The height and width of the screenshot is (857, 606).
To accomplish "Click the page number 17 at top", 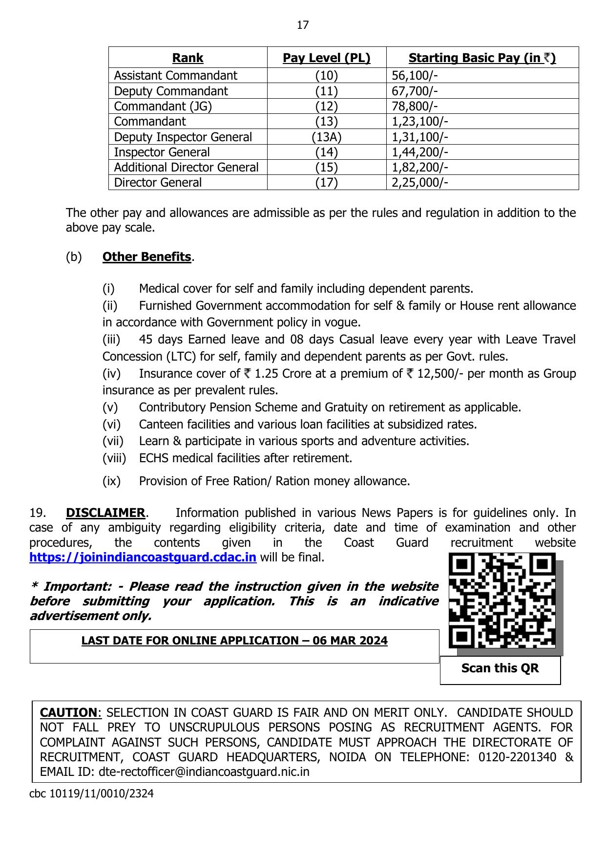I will pos(303,25).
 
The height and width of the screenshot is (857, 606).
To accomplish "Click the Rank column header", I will pos(188,58).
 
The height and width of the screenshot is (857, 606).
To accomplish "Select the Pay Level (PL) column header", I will pos(326,58).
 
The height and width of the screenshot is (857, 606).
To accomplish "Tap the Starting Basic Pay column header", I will pos(482,58).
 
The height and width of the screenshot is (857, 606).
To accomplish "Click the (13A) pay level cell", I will pos(326,137).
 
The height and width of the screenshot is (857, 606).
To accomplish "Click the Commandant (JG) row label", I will pos(163,107).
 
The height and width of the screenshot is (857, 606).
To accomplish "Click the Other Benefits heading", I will pos(146,257).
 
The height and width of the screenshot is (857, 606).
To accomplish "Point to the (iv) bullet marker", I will pos(111,374).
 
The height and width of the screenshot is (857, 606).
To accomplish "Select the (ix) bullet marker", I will pos(111,481).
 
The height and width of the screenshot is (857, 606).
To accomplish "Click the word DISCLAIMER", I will pos(105,513).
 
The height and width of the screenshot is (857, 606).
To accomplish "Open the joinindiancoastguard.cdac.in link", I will pos(143,557).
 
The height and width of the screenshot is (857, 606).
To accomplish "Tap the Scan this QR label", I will pos(500,668).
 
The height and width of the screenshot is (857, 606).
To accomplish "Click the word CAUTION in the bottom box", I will pos(69,713).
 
